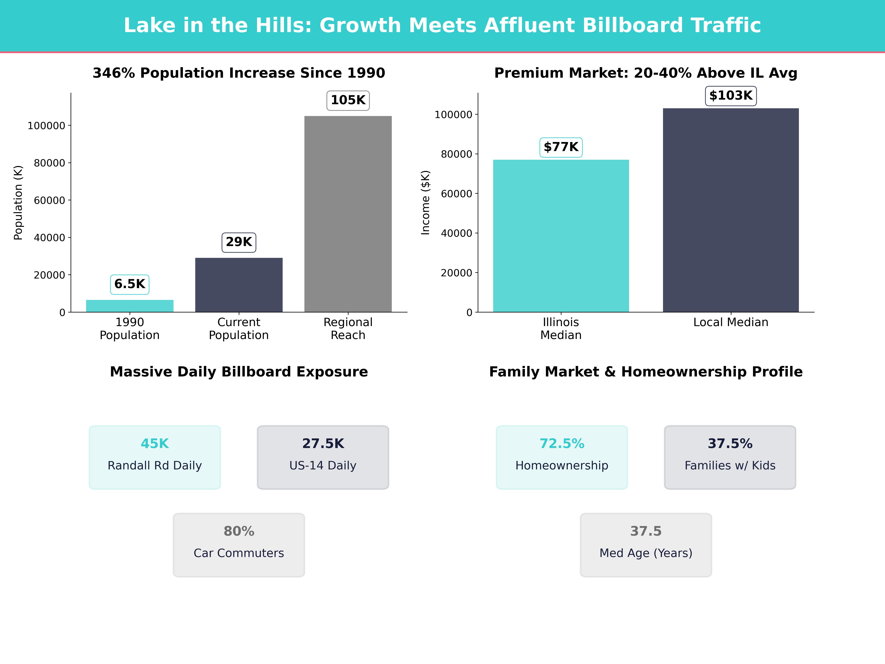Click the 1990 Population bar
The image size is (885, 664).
pos(130,306)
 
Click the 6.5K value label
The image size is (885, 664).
pos(130,284)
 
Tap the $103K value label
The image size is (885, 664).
pos(730,96)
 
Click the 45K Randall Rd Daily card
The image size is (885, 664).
pos(155,457)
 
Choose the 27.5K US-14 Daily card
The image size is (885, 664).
pos(323,457)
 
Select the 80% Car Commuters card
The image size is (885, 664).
pos(239,545)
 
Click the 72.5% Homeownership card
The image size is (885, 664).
pos(562,457)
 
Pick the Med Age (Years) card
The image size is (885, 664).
pos(646,545)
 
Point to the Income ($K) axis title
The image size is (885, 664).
pos(425,203)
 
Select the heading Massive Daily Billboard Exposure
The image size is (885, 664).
pos(239,372)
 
